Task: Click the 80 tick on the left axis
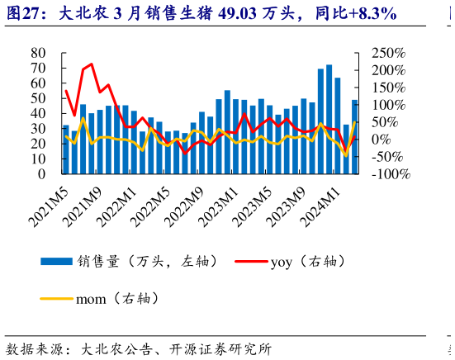(38, 53)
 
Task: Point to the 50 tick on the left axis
(38, 98)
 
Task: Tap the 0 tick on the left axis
(42, 174)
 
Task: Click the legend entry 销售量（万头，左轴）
(132, 262)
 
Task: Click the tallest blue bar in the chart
(329, 119)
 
